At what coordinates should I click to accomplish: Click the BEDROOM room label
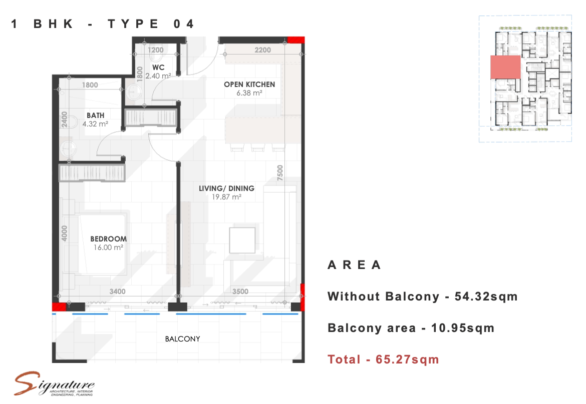coord(108,238)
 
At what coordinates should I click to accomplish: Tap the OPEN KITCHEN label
coord(249,84)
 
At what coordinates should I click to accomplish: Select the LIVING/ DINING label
coord(226,188)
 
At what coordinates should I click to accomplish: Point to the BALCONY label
coord(182,338)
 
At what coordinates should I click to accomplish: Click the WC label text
coord(158,67)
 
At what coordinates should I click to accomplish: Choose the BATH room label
coord(95,115)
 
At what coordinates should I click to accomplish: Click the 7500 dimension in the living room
coord(280,172)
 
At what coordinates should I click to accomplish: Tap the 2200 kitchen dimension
coord(263,50)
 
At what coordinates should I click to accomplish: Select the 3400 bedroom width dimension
coord(117,291)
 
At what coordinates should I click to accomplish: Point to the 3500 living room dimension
coord(240,291)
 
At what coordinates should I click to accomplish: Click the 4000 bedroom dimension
coord(64,233)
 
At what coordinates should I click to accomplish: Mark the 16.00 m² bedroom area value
coord(108,247)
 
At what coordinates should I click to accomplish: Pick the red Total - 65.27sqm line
coord(383,359)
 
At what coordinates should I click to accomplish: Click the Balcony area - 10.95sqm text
coord(411,328)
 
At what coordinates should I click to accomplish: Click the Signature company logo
coord(54,384)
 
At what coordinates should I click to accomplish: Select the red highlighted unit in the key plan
coord(505,67)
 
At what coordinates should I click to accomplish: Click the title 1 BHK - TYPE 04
coord(102,24)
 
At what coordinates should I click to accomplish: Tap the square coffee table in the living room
coord(242,240)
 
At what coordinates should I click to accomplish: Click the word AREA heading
coord(354,265)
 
